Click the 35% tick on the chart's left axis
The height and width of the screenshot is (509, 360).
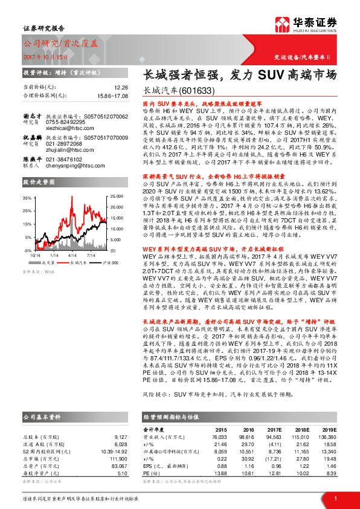point(28,198)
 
